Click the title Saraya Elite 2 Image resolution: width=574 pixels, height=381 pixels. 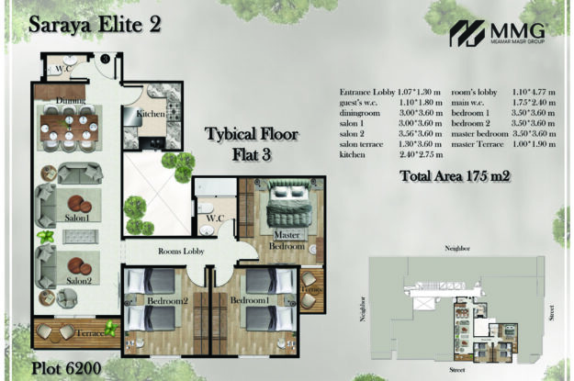tap(95, 26)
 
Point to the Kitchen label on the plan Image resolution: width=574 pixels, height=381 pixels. tap(151, 113)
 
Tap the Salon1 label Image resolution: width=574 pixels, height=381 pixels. tap(77, 219)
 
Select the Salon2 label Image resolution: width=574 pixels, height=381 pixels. tap(77, 280)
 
